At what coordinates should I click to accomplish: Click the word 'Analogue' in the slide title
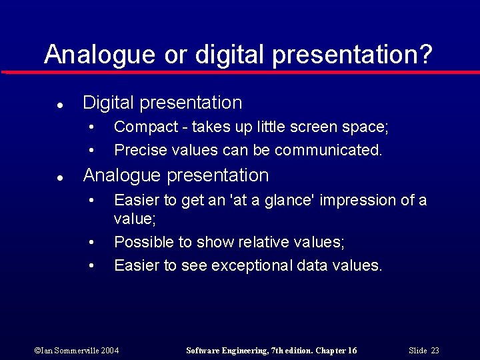(99, 54)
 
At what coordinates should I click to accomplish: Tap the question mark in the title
(426, 54)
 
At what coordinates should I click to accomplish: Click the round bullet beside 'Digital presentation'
(60, 105)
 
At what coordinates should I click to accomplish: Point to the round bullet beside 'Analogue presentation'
(60, 178)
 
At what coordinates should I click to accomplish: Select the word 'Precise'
(138, 150)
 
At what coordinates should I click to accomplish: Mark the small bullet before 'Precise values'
(92, 151)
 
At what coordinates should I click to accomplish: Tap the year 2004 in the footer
(110, 351)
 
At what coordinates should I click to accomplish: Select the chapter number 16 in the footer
(352, 351)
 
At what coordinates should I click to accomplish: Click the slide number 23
(435, 351)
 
